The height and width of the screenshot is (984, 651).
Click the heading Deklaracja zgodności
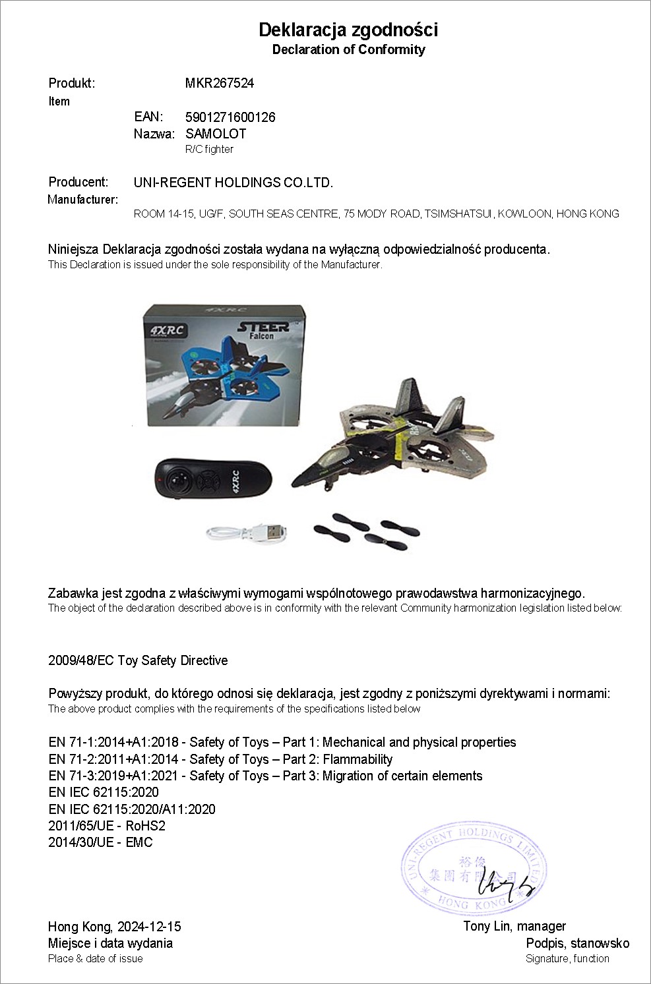point(348,30)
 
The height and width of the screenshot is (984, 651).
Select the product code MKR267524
point(220,83)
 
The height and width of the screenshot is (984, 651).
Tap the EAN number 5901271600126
point(230,117)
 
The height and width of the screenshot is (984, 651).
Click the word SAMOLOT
point(216,134)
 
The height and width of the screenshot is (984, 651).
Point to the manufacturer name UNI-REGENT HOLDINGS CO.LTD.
point(233,183)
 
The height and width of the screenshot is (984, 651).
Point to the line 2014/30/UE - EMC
point(100,842)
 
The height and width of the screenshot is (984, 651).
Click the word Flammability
point(357,759)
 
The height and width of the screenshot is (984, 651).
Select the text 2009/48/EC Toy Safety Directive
point(138,660)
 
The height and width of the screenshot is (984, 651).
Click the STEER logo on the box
point(262,327)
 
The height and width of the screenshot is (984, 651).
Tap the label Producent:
point(78,182)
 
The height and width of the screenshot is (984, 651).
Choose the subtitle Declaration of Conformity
point(348,49)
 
